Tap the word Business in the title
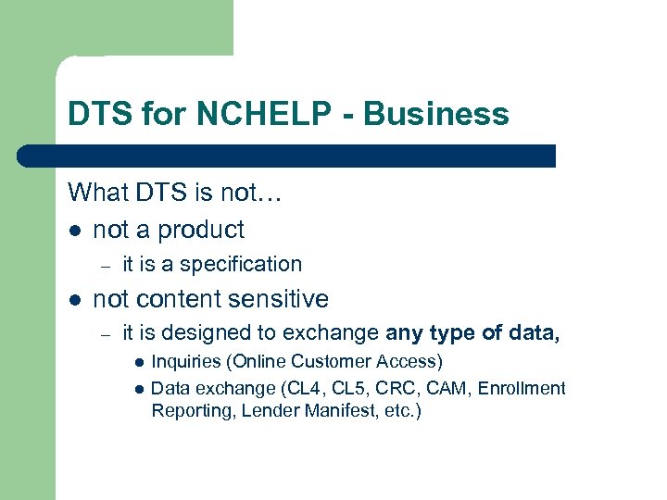point(436,114)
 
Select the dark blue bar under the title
point(287,156)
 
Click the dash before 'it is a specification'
point(107,266)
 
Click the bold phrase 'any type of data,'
point(472,332)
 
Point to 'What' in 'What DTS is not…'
point(95,193)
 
